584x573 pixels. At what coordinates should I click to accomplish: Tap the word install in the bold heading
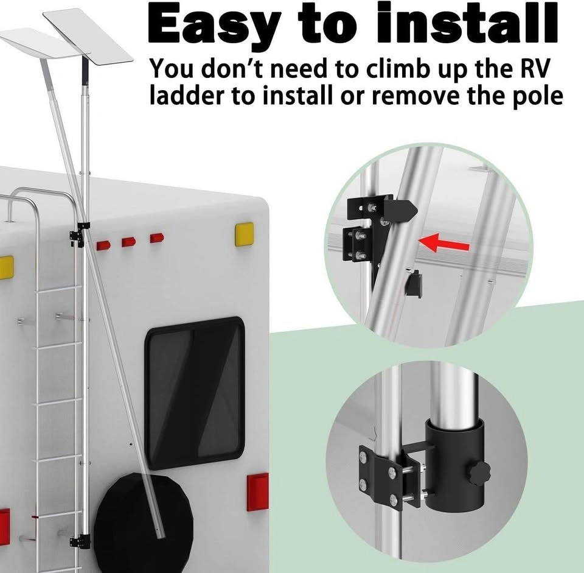point(467,23)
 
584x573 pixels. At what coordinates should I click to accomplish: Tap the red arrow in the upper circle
point(443,243)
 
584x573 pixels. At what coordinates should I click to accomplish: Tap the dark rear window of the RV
point(195,393)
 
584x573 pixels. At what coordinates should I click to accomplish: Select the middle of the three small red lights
point(129,242)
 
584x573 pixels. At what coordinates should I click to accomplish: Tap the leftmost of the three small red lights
point(103,245)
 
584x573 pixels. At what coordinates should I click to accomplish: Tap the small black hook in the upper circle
point(414,283)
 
